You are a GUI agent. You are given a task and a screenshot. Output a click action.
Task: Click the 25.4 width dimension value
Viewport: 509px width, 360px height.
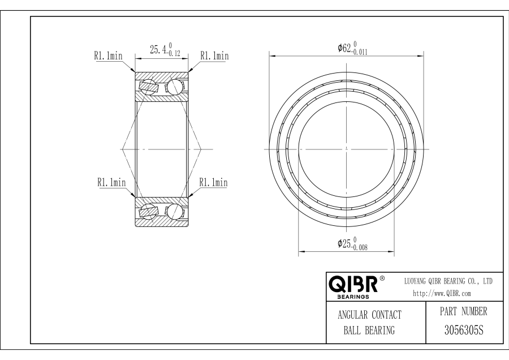(x=158, y=50)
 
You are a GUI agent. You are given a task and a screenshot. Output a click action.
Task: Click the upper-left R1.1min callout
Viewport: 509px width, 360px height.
(x=109, y=56)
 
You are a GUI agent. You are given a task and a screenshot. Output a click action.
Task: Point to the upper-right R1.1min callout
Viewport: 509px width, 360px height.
(x=214, y=56)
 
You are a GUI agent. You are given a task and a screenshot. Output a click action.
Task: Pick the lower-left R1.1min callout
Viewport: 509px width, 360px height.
(x=111, y=182)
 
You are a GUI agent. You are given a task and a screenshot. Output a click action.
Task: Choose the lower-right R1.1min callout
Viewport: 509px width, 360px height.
(x=213, y=182)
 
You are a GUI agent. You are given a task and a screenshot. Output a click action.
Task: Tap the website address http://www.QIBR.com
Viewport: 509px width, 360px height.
(x=442, y=293)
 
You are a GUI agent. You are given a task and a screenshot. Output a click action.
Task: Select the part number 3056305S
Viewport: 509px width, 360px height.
(x=464, y=331)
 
